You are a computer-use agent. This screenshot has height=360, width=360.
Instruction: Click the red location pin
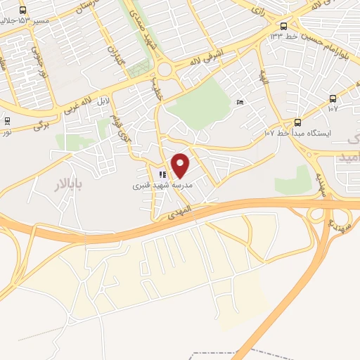coord(181,165)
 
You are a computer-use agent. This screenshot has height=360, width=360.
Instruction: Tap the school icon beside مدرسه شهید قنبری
coord(162,174)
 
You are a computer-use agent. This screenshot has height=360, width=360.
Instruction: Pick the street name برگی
coord(43,125)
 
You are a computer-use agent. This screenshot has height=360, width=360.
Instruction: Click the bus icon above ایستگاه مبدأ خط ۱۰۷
coord(297,121)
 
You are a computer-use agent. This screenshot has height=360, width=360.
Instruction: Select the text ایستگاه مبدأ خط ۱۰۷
coord(302,133)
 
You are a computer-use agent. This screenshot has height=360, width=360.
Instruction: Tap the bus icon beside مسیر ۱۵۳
coord(23,10)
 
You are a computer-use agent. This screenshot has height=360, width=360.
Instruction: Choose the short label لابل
coord(103,101)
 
